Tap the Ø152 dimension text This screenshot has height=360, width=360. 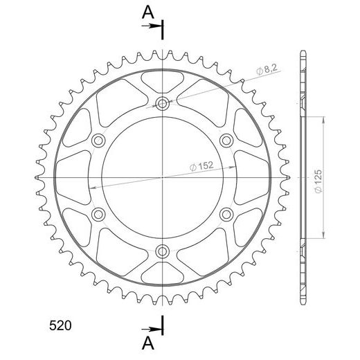click(200, 166)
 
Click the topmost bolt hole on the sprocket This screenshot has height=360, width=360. click(163, 105)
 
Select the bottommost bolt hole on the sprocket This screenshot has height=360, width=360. click(163, 250)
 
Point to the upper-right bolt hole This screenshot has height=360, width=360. click(226, 141)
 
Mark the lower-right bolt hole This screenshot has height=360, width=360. click(226, 213)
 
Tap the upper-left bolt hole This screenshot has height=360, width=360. click(99, 141)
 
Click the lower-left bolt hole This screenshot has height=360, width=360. click(99, 213)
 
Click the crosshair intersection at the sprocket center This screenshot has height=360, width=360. click(163, 177)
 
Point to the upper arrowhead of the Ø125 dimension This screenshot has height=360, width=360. click(323, 119)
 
